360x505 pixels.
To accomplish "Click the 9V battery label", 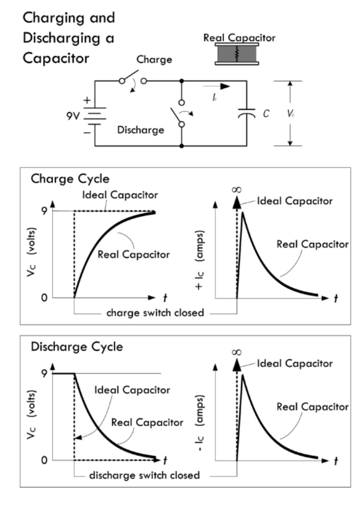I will (72, 116).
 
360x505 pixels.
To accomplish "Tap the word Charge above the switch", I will (154, 60).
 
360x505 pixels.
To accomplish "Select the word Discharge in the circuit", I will (141, 130).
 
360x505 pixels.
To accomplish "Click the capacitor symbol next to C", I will (246, 113).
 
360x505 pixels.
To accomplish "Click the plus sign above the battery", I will (87, 100).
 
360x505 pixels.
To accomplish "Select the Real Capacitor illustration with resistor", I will (237, 54).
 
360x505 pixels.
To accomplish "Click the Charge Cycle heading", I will (70, 179).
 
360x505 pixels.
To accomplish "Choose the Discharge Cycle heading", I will (77, 347).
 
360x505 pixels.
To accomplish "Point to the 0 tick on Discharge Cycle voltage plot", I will (44, 460).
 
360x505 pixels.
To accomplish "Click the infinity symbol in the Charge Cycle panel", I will (237, 189).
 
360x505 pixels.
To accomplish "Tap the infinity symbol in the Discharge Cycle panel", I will (237, 352).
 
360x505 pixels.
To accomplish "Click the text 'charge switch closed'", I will (155, 313).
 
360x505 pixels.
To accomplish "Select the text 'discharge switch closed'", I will (144, 476).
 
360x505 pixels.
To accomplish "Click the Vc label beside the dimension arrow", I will (291, 114).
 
